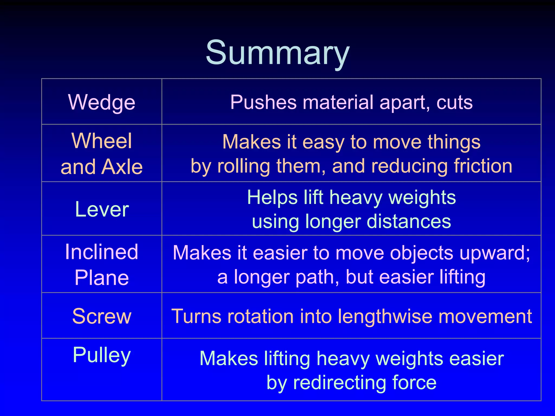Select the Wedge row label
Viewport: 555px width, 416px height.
pos(102,102)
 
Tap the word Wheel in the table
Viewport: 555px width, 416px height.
pos(102,141)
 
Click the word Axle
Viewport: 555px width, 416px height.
pos(122,167)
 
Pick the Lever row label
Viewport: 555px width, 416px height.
pos(102,209)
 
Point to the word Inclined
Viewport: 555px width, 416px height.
pos(102,252)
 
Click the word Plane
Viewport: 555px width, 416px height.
pos(102,278)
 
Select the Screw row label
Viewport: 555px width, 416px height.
pos(102,316)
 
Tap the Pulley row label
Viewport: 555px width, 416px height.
pos(102,355)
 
